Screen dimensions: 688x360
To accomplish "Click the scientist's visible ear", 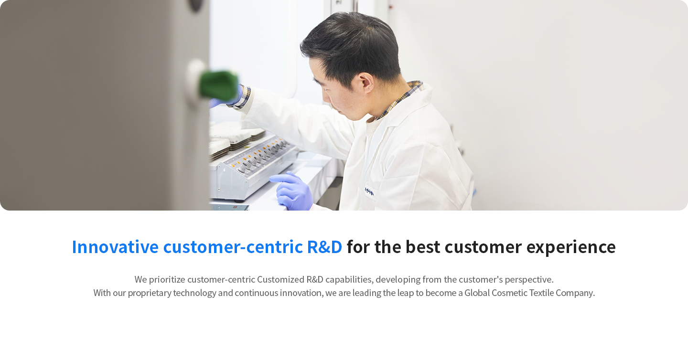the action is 366,84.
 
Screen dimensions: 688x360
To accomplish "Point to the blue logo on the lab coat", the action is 369,192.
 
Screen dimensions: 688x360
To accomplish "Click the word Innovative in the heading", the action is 115,247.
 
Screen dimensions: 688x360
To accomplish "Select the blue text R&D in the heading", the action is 324,247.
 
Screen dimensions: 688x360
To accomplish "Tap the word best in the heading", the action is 423,247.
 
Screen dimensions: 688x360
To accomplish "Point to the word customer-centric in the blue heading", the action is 233,247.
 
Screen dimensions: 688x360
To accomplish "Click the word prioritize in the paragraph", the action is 167,280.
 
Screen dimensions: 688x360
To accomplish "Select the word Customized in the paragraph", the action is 280,280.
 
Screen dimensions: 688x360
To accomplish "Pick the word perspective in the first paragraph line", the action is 529,280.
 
